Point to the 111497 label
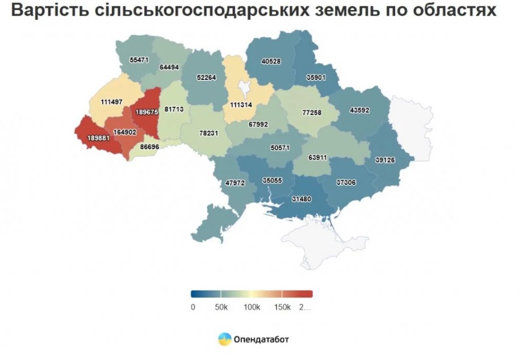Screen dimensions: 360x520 click(x=111, y=102)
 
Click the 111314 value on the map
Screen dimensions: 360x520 click(x=240, y=104)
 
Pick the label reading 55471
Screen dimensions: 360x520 click(x=139, y=60)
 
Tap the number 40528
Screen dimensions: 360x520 click(x=271, y=61)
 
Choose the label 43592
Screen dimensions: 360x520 click(x=360, y=110)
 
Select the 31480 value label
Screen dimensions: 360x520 click(x=301, y=198)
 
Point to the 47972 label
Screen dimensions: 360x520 click(x=235, y=183)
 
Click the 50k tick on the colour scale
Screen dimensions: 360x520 click(x=221, y=307)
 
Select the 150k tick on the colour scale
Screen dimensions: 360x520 click(x=281, y=307)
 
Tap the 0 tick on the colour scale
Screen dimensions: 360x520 click(x=193, y=307)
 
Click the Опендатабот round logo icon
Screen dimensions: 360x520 click(x=225, y=339)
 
